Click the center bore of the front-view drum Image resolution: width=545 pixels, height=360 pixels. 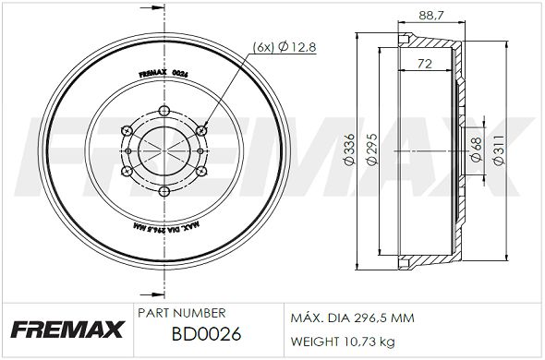(x=163, y=151)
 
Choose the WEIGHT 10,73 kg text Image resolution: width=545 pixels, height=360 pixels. (x=343, y=342)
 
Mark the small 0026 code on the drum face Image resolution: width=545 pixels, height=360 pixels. (x=180, y=75)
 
